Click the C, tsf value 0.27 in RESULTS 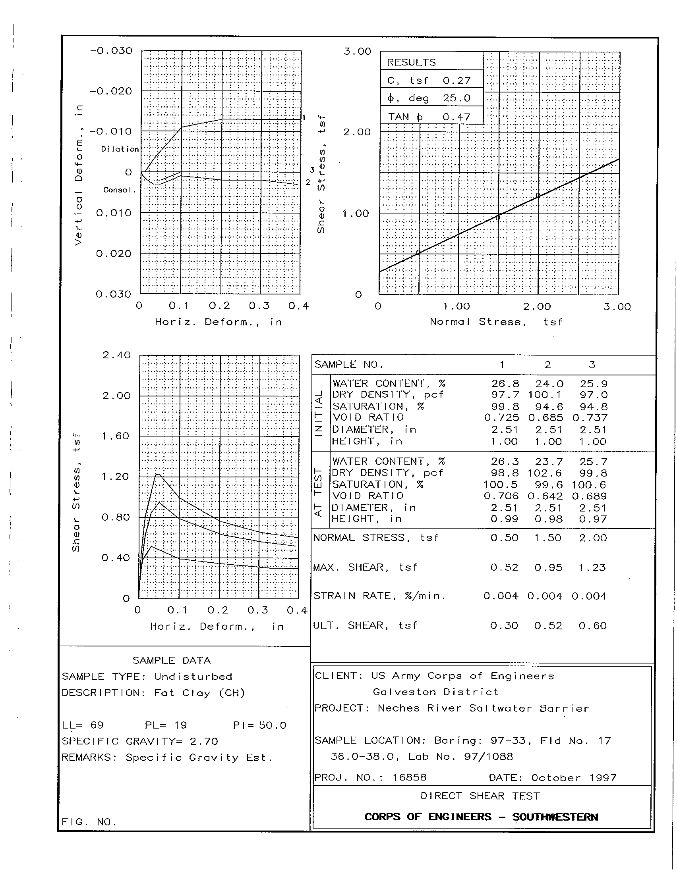(456, 80)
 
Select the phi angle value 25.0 (456, 98)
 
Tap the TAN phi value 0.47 (456, 117)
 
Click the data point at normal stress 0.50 (418, 252)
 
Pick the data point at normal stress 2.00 (538, 195)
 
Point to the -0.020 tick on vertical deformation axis (111, 91)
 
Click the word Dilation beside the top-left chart (120, 149)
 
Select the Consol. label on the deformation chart (120, 190)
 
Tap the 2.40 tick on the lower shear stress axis (116, 355)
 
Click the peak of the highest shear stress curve (158, 475)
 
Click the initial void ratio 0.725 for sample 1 (502, 418)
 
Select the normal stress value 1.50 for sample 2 (548, 538)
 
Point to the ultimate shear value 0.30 (504, 625)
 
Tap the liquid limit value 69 (97, 725)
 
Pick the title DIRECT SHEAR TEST (480, 796)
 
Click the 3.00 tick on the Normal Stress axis (617, 307)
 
